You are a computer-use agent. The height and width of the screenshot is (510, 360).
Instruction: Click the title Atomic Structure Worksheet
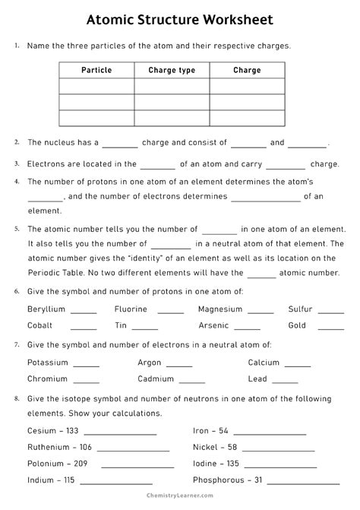coord(180,17)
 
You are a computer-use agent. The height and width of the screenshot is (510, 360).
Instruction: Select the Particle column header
coord(96,71)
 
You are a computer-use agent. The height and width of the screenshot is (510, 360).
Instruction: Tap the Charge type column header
coord(172,71)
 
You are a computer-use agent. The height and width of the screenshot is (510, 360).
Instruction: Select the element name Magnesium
coord(220,309)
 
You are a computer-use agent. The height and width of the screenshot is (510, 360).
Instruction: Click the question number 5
coord(17,228)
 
